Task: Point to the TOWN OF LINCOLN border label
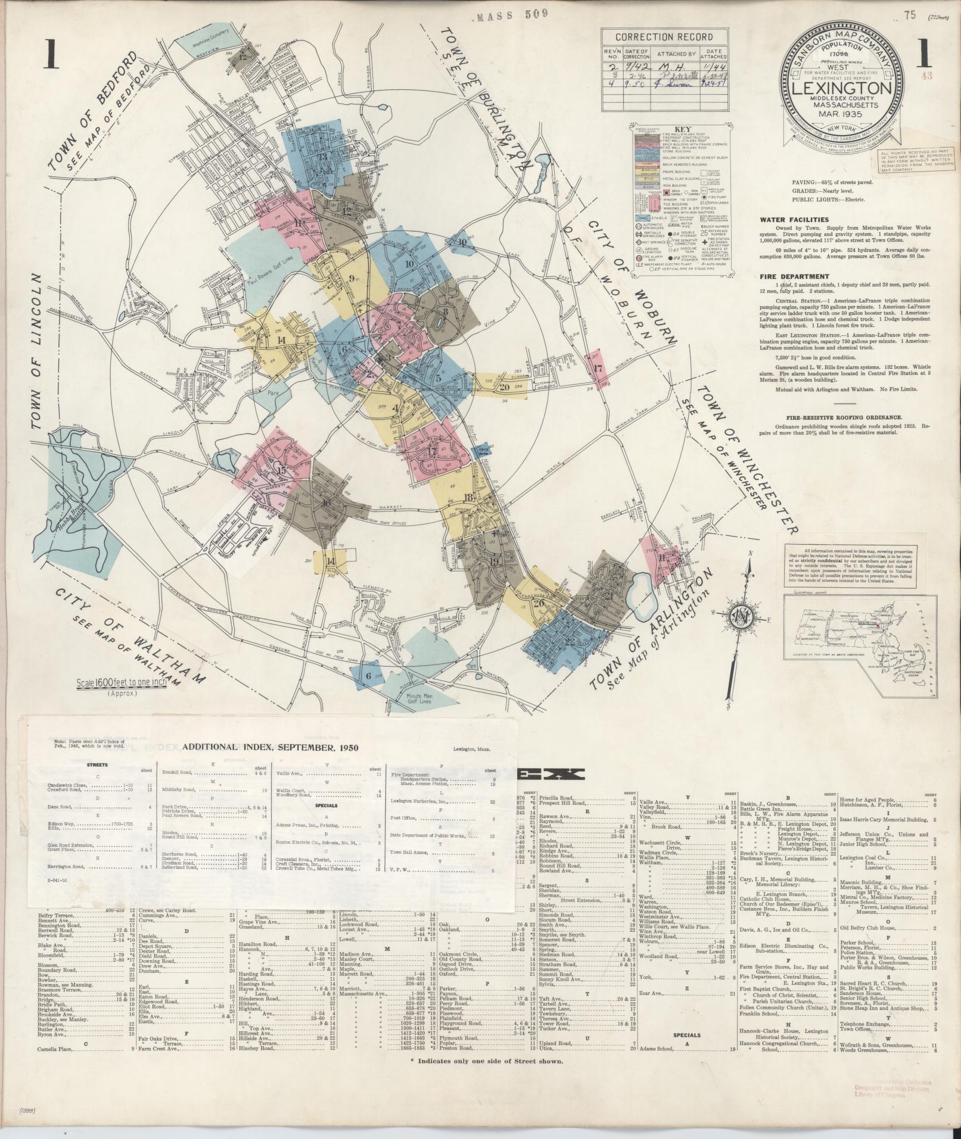[38, 351]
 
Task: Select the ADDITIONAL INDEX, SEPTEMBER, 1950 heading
[270, 748]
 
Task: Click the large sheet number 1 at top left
[53, 58]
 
